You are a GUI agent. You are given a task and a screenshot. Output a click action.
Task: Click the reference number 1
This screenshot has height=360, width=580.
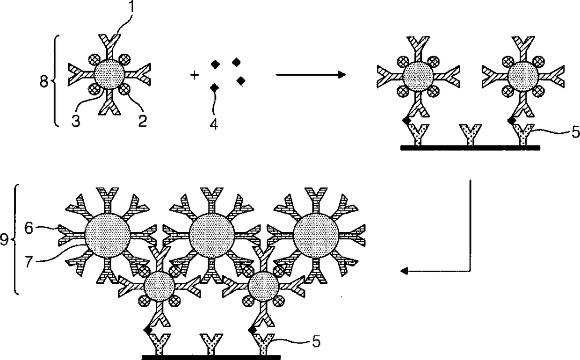[131, 6]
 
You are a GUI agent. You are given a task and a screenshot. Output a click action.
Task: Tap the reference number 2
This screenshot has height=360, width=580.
[142, 121]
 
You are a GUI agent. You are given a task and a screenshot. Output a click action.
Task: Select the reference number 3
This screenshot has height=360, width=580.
[76, 121]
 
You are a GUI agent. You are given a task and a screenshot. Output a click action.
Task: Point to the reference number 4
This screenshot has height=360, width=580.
[214, 124]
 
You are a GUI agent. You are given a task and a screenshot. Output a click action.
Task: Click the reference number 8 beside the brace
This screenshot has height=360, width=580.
[44, 81]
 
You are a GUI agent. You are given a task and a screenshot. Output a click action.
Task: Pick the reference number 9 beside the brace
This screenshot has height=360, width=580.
[4, 240]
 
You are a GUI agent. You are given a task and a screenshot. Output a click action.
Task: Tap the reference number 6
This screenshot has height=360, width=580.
[29, 229]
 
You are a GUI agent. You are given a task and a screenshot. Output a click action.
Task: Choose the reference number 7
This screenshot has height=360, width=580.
[29, 261]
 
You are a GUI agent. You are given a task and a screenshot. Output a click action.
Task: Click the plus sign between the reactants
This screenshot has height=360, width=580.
[195, 75]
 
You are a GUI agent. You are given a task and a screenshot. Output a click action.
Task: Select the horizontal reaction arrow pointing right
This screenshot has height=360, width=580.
[311, 75]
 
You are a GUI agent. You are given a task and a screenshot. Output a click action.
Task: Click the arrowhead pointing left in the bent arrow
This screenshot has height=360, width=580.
[404, 271]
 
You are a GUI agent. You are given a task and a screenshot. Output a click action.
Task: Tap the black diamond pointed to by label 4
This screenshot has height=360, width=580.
[214, 88]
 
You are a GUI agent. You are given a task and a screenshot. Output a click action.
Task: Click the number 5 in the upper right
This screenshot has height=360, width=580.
[575, 132]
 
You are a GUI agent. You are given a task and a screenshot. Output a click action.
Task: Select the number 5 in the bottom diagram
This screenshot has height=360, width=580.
[316, 342]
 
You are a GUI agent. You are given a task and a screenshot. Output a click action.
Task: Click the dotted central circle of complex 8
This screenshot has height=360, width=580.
[109, 75]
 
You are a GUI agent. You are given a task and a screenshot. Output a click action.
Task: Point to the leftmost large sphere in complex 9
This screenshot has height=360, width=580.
[108, 236]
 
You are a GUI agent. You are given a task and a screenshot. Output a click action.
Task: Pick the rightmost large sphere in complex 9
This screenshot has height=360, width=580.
[316, 236]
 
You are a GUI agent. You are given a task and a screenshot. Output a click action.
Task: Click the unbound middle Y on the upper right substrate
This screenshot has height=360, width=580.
[470, 134]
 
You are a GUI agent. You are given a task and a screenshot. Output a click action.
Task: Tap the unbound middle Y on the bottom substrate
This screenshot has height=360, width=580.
[211, 345]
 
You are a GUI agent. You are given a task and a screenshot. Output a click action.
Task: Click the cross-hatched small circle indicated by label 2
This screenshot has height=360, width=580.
[125, 89]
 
